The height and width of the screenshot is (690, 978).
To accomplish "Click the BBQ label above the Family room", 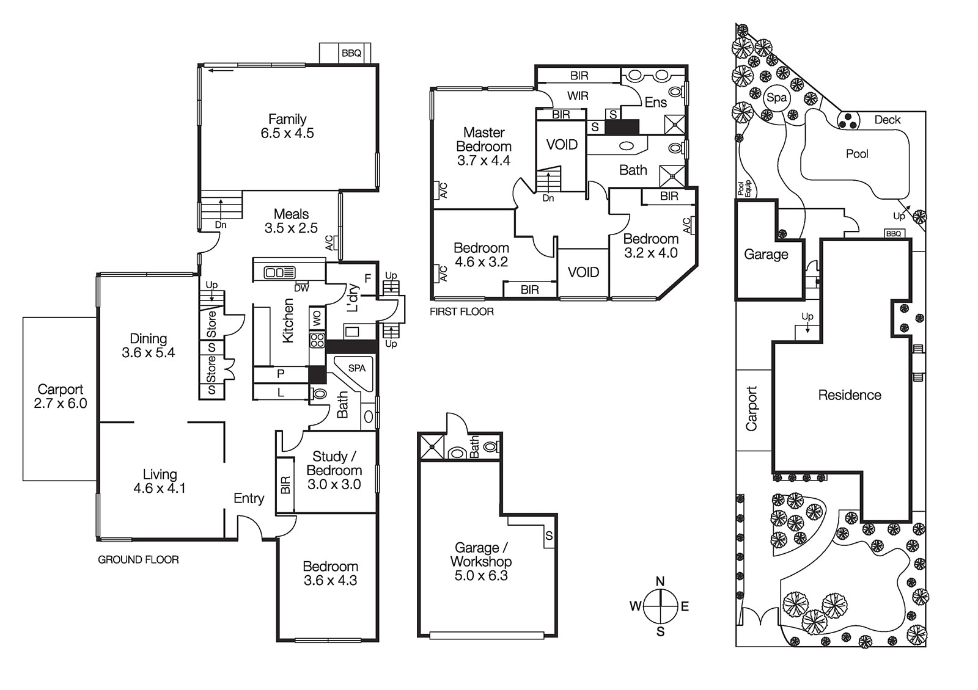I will pos(351,53).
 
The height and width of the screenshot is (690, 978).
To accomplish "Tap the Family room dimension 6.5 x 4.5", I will pos(287,133).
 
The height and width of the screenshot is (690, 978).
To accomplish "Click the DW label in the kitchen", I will pos(301,288).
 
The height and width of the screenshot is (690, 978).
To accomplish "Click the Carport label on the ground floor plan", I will pos(60,390).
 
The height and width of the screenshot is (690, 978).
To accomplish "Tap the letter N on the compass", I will pos(660,581).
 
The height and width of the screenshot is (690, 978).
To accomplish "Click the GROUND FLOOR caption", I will pos(138,559).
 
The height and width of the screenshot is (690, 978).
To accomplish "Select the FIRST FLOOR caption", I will pos(461,311).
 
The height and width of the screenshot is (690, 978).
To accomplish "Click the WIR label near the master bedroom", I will pos(578,96).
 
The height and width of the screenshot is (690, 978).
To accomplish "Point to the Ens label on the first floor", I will pos(655,103).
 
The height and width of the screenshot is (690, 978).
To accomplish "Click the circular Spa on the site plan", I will pos(776,98).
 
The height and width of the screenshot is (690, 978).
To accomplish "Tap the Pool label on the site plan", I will pos(857,154).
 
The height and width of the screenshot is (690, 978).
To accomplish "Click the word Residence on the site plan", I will pos(850,395).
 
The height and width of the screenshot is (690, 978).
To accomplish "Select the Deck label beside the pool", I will pos(887,120).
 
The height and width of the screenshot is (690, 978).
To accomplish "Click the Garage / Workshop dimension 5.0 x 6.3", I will pos(481,575).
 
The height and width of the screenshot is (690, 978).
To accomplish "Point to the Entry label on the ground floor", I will pos(249,498).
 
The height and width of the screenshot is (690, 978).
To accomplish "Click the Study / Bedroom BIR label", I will pos(285,485).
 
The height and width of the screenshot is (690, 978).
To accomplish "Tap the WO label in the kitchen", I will pos(317,318).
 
